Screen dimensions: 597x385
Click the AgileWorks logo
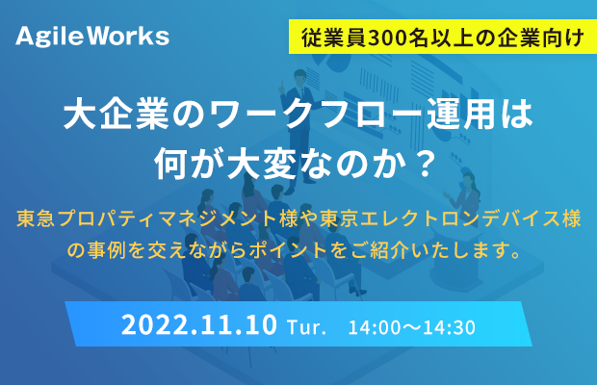tap(92, 37)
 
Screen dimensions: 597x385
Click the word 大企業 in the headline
tap(117, 114)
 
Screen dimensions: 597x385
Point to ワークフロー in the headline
tap(316, 114)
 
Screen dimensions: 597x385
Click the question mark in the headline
tap(425, 164)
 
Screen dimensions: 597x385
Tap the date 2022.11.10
tap(199, 325)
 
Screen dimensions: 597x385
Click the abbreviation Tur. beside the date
tap(306, 327)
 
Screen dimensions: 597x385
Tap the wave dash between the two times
tap(411, 327)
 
